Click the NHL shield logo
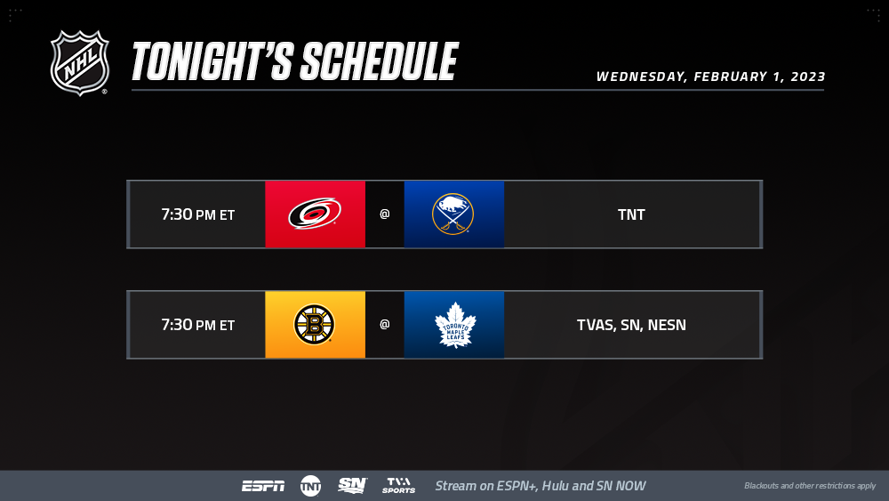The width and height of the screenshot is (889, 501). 79,63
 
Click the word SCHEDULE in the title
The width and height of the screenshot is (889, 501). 379,61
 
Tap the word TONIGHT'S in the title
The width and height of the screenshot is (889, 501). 212,61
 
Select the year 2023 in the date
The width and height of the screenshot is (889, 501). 808,77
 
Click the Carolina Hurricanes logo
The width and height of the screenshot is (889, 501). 315,214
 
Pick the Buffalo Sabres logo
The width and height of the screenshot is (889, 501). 453,214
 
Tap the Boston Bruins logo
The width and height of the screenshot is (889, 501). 314,325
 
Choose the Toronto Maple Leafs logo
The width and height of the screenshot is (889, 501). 455,325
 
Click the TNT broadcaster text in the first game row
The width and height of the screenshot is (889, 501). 631,214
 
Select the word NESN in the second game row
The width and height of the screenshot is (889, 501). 667,325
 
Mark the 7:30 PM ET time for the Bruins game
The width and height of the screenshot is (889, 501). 198,325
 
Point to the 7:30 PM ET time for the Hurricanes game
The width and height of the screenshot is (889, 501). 198,214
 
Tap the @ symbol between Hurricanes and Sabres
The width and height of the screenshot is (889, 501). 384,214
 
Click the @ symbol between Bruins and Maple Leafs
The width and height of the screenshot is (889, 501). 384,324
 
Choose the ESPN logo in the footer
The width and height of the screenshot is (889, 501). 264,486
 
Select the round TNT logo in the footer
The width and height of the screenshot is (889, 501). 310,486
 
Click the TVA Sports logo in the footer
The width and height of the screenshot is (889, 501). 398,485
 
